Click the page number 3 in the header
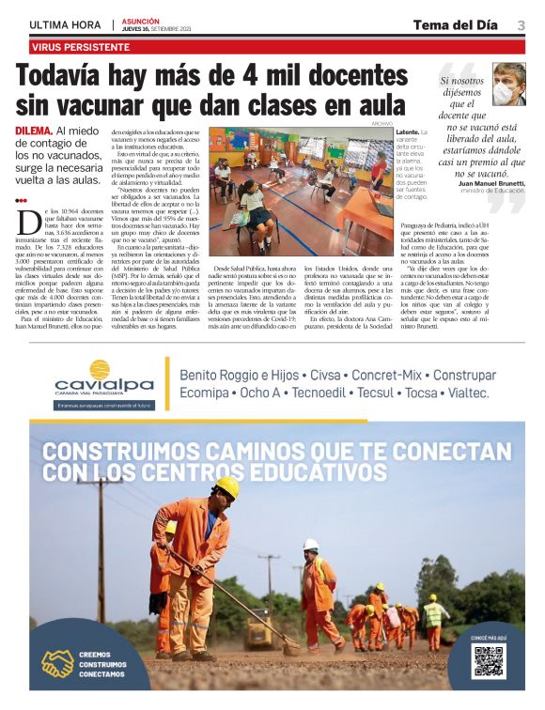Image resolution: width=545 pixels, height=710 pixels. click(520, 24)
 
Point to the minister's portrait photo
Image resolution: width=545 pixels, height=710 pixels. click(508, 84)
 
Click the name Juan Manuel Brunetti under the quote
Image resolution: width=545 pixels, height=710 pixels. click(492, 183)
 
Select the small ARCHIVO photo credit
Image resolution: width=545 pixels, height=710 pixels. click(380, 123)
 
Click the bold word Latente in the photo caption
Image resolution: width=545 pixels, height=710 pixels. click(407, 133)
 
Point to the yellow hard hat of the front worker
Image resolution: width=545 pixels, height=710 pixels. click(227, 486)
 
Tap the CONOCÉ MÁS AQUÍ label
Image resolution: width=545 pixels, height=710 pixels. click(489, 638)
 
